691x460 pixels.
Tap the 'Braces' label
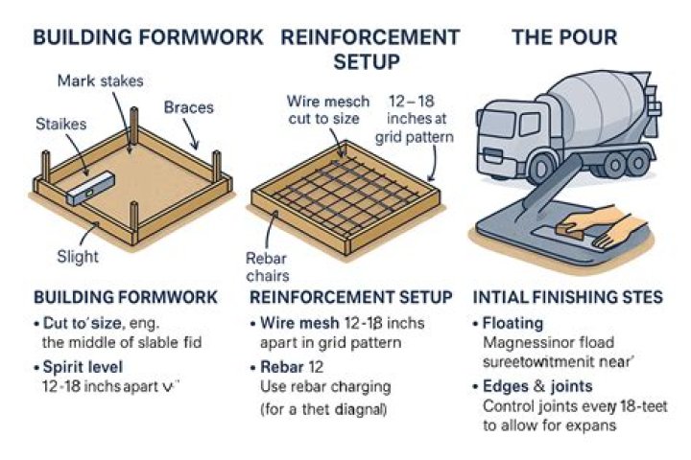coord(188,106)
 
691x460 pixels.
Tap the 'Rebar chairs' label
coord(267,267)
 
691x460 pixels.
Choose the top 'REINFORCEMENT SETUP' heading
coord(369,50)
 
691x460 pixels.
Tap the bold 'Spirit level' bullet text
coord(83,366)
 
